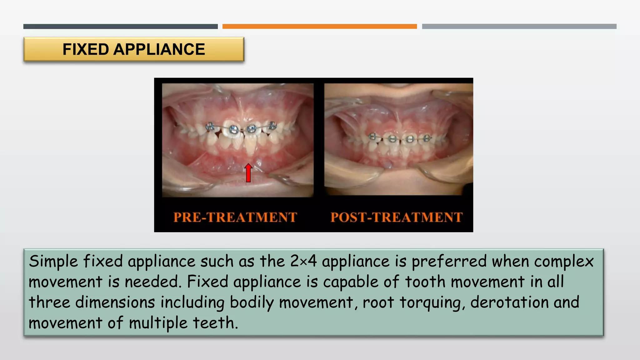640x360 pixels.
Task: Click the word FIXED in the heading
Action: (x=86, y=49)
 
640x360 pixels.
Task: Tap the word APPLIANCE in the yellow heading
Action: (x=159, y=49)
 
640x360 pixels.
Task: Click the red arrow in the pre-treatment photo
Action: (x=248, y=173)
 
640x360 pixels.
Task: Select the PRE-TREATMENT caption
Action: (x=235, y=217)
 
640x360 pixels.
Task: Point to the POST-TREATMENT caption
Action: (x=397, y=217)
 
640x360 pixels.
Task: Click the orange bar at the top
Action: (x=319, y=27)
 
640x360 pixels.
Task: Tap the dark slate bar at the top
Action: (x=120, y=27)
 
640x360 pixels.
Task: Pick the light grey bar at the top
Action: (x=519, y=27)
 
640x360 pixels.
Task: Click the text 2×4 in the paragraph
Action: (x=303, y=261)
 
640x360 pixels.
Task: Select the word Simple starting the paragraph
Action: (x=53, y=261)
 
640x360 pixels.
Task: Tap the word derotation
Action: (x=509, y=302)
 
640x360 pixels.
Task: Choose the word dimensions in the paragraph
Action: (x=115, y=302)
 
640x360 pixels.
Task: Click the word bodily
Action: (x=252, y=302)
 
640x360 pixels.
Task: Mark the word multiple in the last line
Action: (x=158, y=323)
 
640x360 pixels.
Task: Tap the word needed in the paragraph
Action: (x=153, y=282)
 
